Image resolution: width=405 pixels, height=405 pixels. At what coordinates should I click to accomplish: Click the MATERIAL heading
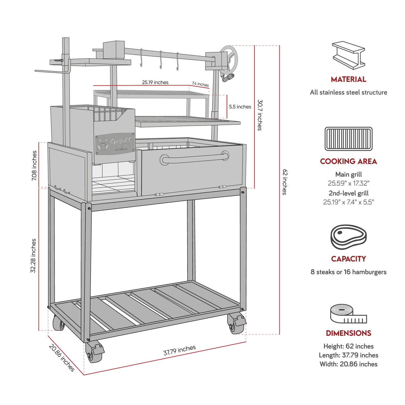(348, 79)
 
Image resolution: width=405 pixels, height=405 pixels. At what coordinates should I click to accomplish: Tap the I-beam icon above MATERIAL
(348, 55)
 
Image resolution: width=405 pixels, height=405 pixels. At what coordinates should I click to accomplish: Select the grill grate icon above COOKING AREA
(348, 139)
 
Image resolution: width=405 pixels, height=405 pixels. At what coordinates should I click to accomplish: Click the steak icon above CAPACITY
(348, 237)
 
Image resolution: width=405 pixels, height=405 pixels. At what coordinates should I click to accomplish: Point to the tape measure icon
(348, 314)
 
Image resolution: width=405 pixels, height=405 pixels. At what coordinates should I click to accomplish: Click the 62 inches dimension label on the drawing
(285, 182)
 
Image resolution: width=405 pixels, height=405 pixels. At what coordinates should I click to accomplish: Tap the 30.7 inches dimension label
(260, 115)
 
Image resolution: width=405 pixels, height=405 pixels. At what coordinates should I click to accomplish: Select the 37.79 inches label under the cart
(179, 350)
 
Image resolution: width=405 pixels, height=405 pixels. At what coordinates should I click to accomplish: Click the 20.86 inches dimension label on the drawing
(62, 358)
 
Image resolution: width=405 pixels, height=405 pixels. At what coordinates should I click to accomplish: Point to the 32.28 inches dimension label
(33, 256)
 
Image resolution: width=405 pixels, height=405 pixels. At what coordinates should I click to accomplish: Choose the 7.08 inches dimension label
(34, 166)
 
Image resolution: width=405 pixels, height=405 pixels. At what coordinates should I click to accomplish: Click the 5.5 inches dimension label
(240, 107)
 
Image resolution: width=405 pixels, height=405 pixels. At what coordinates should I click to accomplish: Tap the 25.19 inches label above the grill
(155, 82)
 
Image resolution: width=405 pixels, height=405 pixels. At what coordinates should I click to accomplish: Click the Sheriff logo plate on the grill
(115, 144)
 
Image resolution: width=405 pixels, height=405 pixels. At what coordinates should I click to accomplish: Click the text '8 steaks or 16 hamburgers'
(348, 272)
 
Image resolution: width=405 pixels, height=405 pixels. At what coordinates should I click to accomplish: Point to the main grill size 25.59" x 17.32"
(348, 183)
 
